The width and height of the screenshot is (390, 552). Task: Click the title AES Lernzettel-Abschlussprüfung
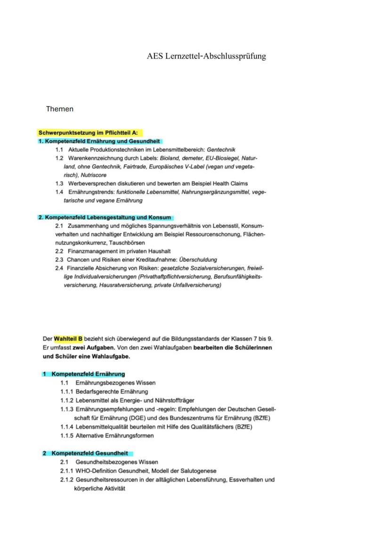tap(206, 56)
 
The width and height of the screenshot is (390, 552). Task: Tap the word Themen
tap(60, 109)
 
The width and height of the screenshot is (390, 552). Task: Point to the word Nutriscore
tap(94, 175)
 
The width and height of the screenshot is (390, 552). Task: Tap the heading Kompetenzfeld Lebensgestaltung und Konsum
tap(108, 217)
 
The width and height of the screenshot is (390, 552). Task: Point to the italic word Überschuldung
tap(198, 260)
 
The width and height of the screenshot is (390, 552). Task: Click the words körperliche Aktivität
tap(99, 488)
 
